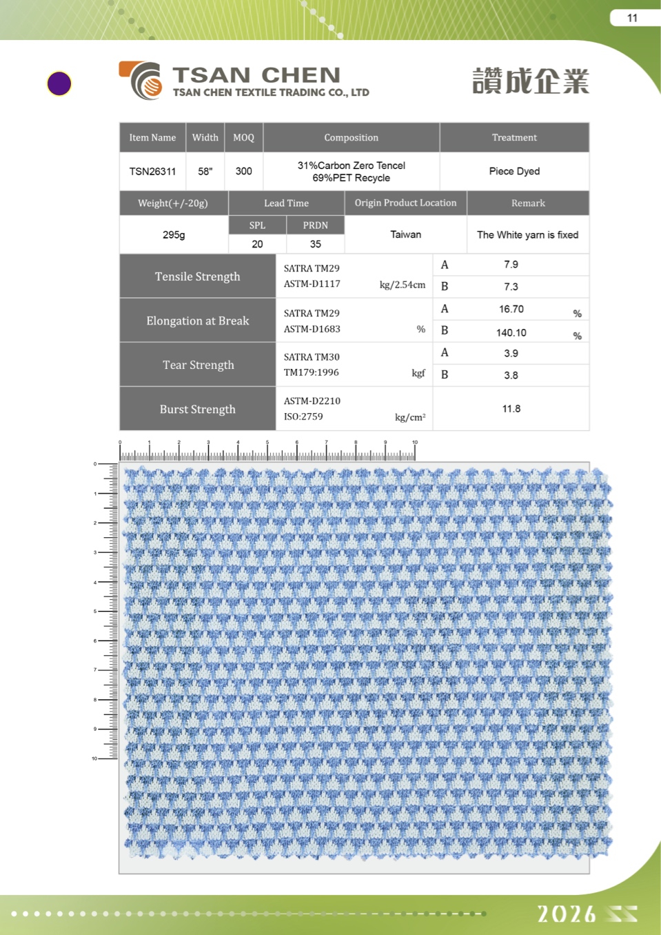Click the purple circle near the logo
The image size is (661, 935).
point(59,83)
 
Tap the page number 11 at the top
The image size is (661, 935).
point(632,18)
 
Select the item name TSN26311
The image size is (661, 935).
point(152,171)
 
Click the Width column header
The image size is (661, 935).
point(205,137)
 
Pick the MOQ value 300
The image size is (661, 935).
point(243,171)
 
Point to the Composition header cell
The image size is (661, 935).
point(351,137)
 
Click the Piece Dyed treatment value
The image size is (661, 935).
point(514,171)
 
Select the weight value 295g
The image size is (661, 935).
point(174,234)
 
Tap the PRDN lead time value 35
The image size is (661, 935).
point(315,244)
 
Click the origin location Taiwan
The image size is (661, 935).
point(405,234)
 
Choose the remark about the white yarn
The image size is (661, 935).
point(527,234)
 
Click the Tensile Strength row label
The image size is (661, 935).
point(197,277)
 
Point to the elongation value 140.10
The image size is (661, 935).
point(511,332)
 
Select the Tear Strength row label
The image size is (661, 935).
point(198,365)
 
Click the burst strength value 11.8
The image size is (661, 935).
point(511,409)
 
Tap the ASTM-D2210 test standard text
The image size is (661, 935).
point(312,401)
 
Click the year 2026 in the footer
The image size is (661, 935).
point(567,914)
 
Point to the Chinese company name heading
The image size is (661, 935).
point(530,81)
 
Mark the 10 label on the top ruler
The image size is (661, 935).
point(415,442)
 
